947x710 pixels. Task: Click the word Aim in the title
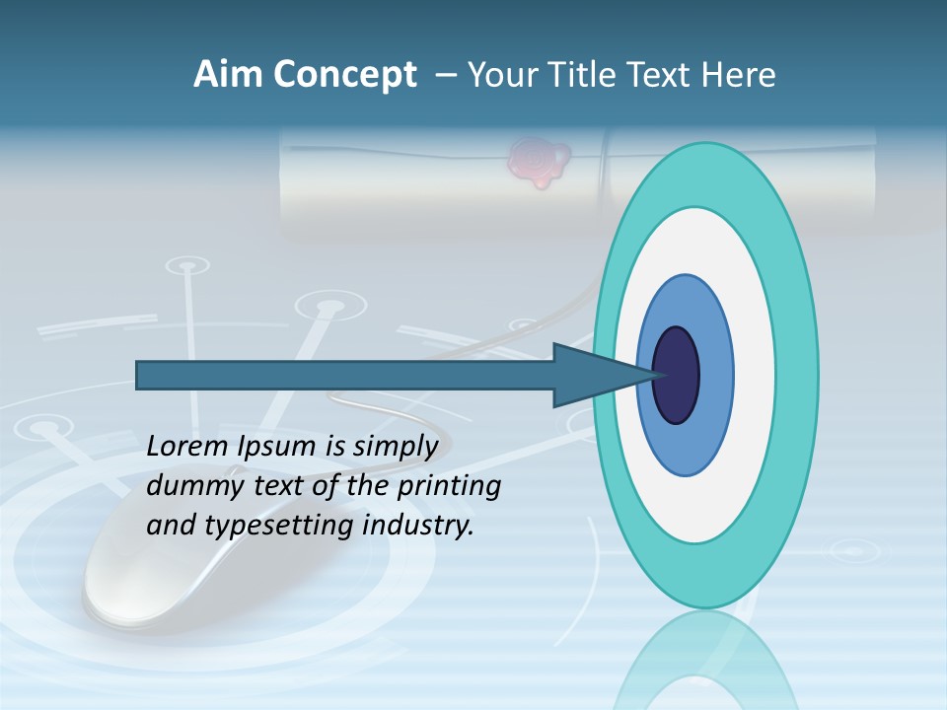(228, 75)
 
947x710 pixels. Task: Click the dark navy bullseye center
(677, 375)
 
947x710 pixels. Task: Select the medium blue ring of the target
(715, 375)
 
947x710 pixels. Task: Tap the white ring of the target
(754, 375)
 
